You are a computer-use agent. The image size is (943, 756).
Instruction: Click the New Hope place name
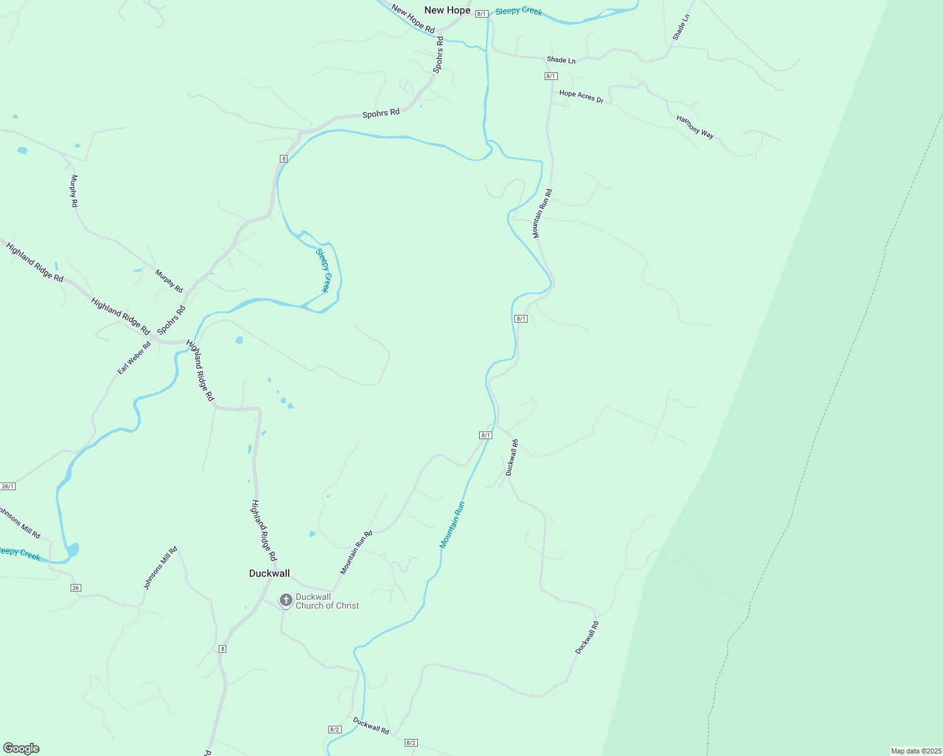[447, 10]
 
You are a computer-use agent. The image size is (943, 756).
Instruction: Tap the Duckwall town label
[269, 573]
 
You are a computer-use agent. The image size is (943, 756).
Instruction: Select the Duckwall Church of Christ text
[327, 601]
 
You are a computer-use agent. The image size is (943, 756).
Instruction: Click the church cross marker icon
[286, 600]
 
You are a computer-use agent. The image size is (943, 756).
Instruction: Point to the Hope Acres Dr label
[581, 96]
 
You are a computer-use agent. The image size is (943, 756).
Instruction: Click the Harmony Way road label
[695, 127]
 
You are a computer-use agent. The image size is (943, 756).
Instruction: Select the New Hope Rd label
[413, 19]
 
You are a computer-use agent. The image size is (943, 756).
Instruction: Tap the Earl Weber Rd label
[134, 358]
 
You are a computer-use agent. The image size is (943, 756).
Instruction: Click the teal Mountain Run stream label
[452, 525]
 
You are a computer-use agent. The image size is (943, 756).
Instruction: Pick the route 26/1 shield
[8, 486]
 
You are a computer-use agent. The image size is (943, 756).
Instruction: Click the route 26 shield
[76, 588]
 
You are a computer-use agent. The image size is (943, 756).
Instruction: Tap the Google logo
[21, 748]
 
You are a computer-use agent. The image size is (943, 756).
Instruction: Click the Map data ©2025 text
[916, 751]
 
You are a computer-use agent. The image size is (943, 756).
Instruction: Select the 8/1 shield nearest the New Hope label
[482, 13]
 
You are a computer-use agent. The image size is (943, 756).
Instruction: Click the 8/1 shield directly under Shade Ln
[551, 76]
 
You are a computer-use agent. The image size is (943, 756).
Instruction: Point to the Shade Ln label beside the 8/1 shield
[561, 60]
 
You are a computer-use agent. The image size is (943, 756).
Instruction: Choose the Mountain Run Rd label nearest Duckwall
[356, 553]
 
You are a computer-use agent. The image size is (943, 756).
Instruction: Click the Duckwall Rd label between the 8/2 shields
[371, 726]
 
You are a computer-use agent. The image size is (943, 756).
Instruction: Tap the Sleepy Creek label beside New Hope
[518, 11]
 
